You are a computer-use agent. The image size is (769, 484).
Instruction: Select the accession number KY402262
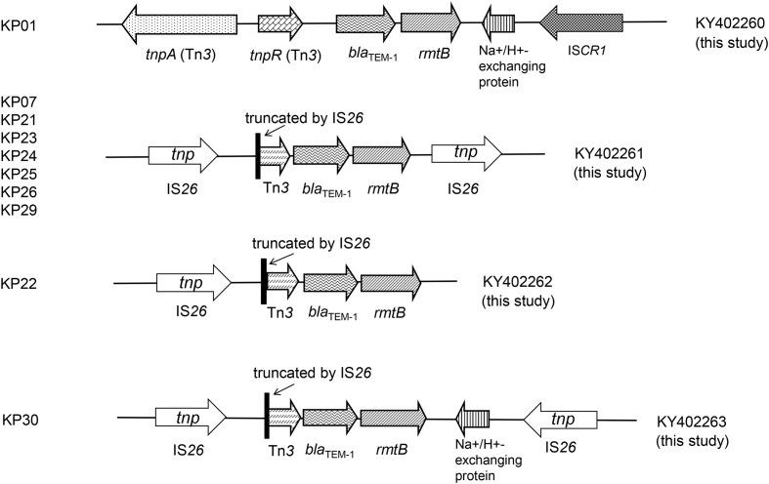(x=518, y=282)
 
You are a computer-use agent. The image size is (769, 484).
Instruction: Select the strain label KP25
(x=20, y=174)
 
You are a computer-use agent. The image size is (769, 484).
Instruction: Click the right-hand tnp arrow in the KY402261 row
(x=465, y=154)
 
